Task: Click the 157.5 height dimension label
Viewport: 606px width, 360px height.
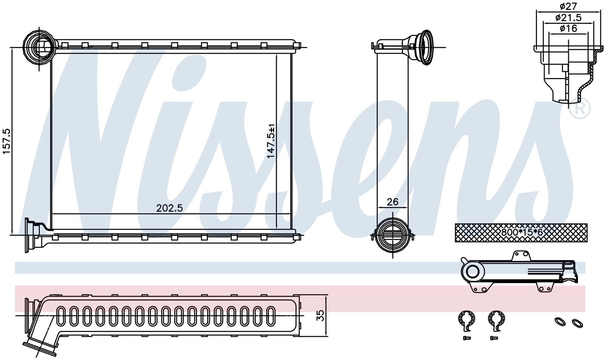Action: (7, 141)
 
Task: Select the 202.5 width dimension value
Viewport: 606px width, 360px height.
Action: (170, 208)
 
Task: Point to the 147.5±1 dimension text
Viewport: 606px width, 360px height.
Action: (271, 141)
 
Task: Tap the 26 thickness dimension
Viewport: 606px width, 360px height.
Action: (392, 202)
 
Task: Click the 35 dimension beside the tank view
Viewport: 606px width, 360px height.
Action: (320, 315)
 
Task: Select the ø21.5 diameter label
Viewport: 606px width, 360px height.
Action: (568, 18)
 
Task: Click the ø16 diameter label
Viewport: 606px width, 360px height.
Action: (568, 28)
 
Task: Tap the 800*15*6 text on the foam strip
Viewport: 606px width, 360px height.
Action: (522, 232)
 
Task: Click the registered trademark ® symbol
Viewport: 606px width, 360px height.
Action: (580, 109)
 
